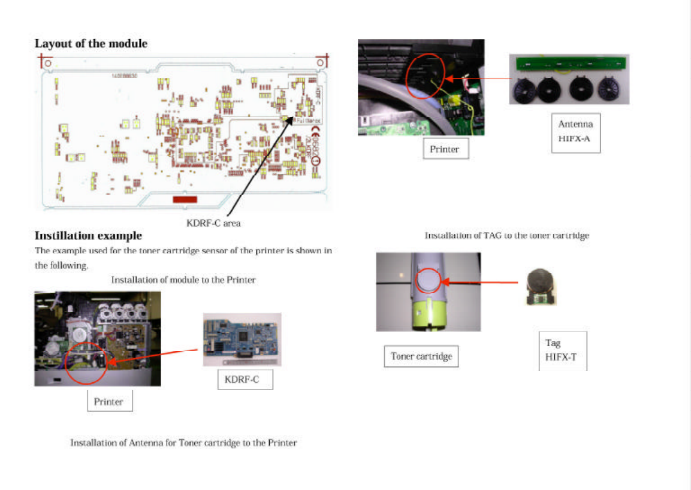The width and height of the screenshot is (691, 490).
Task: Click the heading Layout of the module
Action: point(90,44)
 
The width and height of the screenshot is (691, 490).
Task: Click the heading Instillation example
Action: point(88,235)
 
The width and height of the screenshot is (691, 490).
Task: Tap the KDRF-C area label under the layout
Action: point(214,223)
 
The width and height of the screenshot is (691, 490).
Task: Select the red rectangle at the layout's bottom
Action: point(185,199)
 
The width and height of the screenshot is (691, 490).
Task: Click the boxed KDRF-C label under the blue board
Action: point(245,379)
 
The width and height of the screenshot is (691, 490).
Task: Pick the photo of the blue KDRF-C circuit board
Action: point(242,340)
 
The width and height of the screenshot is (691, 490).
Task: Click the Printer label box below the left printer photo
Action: point(110,401)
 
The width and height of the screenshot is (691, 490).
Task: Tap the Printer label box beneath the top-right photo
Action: point(445,149)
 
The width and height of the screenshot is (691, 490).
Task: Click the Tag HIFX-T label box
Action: point(562,350)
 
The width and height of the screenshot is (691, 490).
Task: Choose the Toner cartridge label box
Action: point(421,356)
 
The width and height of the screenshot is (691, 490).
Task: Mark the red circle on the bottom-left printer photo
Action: point(86,362)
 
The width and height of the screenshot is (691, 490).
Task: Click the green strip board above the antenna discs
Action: point(569,63)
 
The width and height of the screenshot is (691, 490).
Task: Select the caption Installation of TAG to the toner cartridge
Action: point(507,235)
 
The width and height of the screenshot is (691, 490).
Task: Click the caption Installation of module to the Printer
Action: point(183,280)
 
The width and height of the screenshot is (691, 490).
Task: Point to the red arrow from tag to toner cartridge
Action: point(479,282)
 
